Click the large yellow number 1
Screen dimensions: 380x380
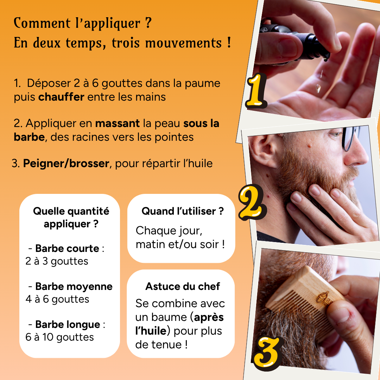point(256,91)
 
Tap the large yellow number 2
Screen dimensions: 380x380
point(251,201)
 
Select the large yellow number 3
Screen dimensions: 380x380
point(267,350)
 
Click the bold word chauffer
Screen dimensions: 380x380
point(61,97)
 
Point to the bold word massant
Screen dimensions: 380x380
point(117,123)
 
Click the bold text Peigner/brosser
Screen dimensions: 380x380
point(66,164)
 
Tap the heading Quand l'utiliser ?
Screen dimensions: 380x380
point(182,211)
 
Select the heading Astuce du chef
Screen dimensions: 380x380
point(182,286)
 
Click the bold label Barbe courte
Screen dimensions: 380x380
point(67,248)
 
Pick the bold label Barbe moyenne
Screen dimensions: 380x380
point(74,286)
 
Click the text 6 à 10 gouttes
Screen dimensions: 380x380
point(59,337)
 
